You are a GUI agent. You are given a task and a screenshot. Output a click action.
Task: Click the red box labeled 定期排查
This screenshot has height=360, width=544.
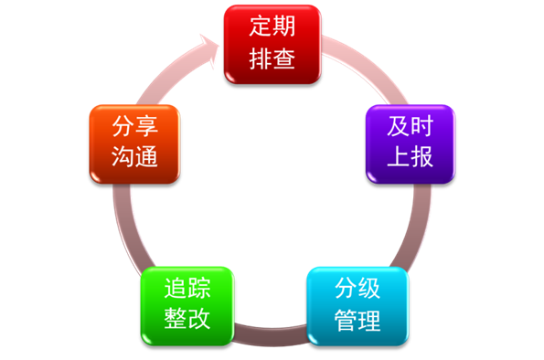click(x=272, y=44)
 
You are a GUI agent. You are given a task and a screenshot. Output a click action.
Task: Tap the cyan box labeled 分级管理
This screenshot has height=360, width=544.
click(x=357, y=306)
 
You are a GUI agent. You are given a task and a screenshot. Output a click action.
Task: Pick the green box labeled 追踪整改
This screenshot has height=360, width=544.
click(x=187, y=304)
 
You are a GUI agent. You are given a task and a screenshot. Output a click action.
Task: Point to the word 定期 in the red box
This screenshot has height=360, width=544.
click(x=272, y=27)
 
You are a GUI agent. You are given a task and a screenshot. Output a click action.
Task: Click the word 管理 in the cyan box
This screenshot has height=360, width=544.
click(x=357, y=321)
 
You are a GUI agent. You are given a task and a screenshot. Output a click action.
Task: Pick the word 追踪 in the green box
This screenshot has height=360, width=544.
click(x=187, y=289)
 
